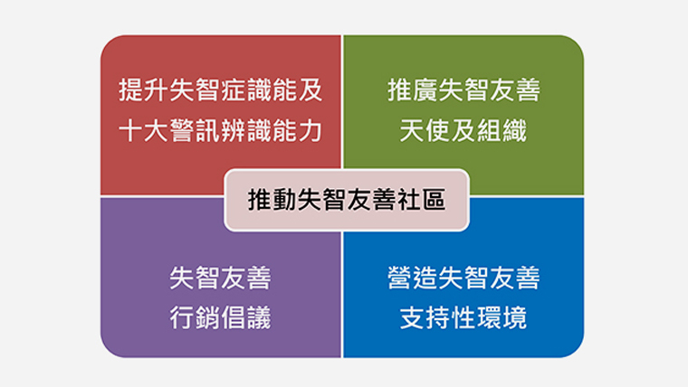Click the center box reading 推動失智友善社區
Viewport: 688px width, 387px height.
click(347, 200)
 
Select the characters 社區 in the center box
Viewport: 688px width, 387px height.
click(422, 200)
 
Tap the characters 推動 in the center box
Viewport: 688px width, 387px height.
click(272, 200)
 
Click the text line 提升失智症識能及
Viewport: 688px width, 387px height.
click(221, 90)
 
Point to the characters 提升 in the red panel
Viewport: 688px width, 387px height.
click(144, 90)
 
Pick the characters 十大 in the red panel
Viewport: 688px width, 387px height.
click(144, 130)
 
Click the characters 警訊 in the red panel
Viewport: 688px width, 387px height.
click(196, 130)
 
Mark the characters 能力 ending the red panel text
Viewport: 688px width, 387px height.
click(298, 130)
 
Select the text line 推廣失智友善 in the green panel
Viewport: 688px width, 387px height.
click(463, 90)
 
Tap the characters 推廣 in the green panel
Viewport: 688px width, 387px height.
click(413, 90)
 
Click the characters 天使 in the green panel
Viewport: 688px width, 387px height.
click(425, 130)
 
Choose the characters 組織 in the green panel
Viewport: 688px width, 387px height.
click(502, 130)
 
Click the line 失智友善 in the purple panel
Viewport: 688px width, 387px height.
click(221, 278)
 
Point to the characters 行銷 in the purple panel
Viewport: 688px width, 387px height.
click(196, 317)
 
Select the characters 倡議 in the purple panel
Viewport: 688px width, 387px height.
click(246, 317)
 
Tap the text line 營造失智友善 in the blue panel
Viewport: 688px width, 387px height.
click(463, 278)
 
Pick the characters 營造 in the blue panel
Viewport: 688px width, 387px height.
click(413, 278)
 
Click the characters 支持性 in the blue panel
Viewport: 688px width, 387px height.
click(437, 317)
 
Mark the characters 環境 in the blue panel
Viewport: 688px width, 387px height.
click(502, 317)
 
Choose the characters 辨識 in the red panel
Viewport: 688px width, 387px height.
click(246, 130)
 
